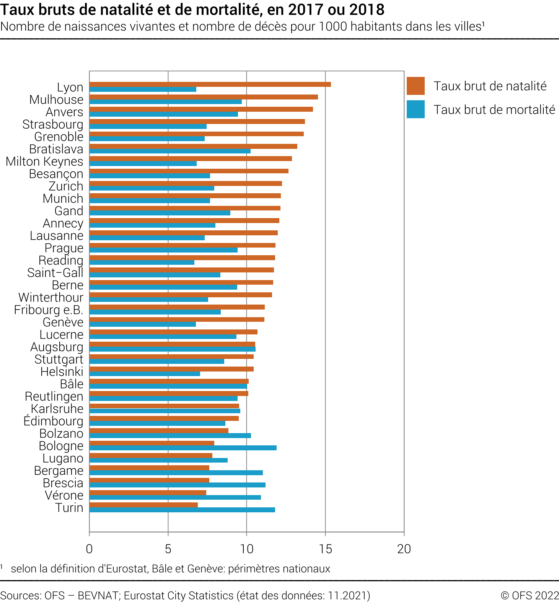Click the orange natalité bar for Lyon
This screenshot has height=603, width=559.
coord(210,85)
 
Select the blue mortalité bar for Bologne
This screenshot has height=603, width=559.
coord(183,448)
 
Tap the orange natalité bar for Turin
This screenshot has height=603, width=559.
coord(143,505)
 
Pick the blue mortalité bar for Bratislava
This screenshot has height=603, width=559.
coord(170,151)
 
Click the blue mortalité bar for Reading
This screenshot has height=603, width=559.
coord(142,262)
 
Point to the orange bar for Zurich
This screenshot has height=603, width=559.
coord(186,184)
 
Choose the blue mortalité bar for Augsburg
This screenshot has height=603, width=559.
coord(172,349)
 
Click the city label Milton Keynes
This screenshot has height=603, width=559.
coord(44,161)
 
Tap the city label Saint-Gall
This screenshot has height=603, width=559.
coord(55,273)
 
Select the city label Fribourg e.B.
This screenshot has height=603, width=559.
coord(49,310)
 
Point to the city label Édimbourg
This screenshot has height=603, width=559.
coord(53,421)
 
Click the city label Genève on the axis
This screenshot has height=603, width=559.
coord(63,322)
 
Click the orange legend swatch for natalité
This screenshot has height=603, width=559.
coord(416,86)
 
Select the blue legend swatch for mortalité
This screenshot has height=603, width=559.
coord(416,109)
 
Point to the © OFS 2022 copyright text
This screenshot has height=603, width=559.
coord(530,596)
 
